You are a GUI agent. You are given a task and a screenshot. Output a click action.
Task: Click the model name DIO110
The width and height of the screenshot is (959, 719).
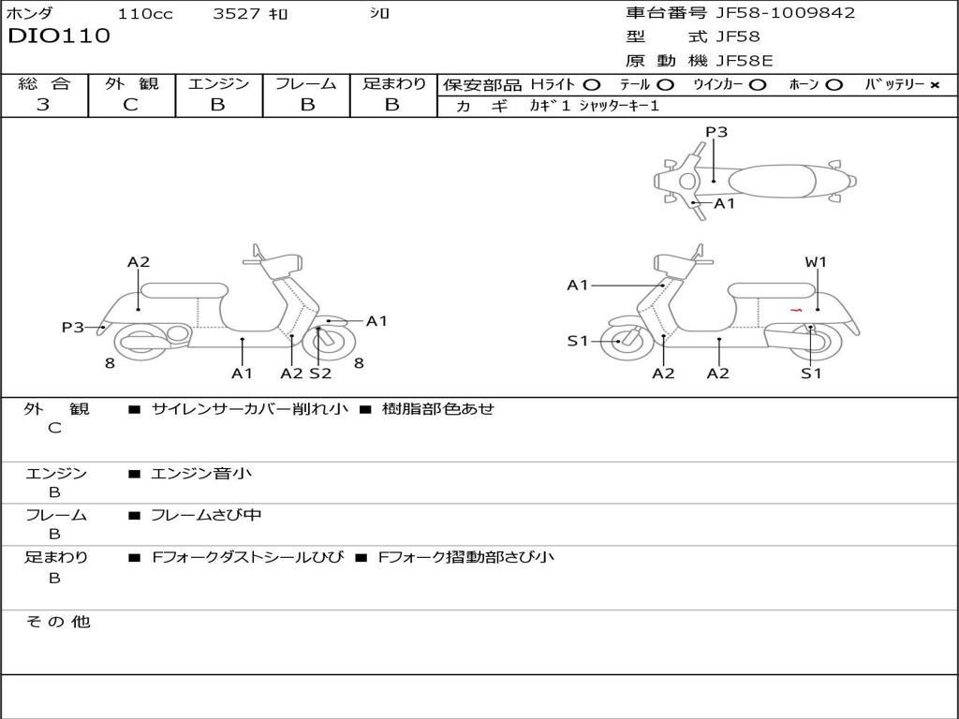coord(59,37)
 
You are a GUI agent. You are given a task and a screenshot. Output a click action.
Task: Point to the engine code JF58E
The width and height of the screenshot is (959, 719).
coord(745,61)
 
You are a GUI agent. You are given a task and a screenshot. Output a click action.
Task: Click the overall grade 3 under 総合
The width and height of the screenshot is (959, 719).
coord(43,105)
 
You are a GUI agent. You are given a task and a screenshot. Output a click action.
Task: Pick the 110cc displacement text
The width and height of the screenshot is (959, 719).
coord(145,14)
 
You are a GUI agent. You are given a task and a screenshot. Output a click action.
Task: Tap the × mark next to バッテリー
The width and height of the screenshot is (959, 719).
coord(935,84)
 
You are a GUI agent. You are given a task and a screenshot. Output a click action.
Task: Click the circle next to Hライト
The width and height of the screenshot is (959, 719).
coord(592,84)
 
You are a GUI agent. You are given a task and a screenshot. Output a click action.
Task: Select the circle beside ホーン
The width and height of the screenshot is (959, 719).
coord(834,84)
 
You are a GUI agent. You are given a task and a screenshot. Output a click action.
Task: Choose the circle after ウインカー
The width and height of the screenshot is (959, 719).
coord(758,84)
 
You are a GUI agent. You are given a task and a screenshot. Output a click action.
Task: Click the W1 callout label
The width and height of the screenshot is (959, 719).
coord(816,262)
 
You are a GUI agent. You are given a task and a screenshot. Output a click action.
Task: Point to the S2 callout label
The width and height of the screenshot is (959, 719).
coord(320,374)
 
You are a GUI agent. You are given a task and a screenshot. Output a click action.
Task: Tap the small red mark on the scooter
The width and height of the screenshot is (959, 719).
coord(796,309)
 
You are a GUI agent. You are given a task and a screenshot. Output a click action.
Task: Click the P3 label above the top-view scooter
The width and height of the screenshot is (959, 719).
coord(716,132)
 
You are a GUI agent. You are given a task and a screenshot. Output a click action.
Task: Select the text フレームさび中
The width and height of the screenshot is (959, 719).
coord(206,515)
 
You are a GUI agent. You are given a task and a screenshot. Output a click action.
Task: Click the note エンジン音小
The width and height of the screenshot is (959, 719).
coord(201,474)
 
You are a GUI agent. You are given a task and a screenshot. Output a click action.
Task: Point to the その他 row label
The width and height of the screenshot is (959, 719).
coord(57,622)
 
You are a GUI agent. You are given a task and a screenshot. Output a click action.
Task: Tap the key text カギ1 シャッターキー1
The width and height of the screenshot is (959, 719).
coord(594,106)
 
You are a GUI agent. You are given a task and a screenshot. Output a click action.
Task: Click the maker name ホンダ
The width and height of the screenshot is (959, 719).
coord(29,14)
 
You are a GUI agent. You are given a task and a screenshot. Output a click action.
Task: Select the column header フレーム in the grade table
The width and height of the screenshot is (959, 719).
coord(305,83)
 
